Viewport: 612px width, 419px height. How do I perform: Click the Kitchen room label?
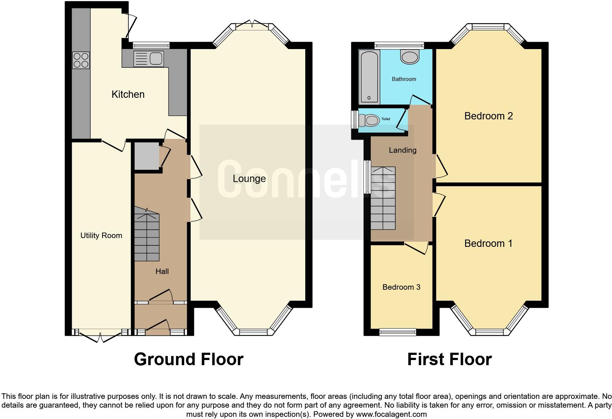click(128, 94)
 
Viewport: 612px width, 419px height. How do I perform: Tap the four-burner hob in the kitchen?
click(81, 60)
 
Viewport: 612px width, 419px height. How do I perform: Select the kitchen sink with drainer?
click(149, 59)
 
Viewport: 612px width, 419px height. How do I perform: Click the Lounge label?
click(249, 179)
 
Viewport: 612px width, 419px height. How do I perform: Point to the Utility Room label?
click(101, 236)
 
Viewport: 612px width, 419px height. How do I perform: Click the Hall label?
click(162, 271)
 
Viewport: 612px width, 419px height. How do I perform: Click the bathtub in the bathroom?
click(369, 77)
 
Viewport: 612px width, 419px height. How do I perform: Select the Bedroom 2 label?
click(488, 116)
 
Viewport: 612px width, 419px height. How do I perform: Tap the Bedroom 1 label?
click(488, 244)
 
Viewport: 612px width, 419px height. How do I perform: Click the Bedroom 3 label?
click(401, 287)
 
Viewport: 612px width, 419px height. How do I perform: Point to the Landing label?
click(402, 150)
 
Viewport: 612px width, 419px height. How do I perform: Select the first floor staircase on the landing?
click(383, 198)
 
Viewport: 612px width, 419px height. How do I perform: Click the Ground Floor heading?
click(189, 359)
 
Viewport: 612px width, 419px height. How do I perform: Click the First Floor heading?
click(449, 359)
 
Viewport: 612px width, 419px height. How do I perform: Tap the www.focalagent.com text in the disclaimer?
click(391, 414)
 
